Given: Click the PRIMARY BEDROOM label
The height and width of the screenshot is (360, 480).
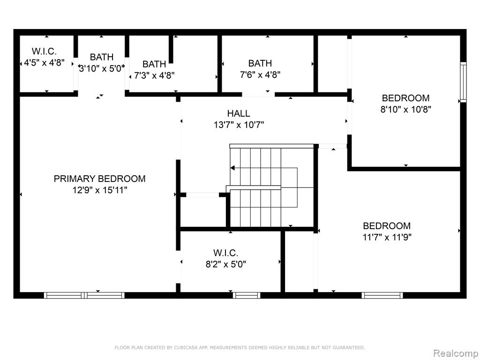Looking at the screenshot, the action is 99,179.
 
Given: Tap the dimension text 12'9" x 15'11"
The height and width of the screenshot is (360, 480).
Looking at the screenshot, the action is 99,190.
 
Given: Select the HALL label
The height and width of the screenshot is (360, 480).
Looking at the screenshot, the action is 239,113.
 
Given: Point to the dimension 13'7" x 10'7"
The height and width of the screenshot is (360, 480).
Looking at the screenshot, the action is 239,125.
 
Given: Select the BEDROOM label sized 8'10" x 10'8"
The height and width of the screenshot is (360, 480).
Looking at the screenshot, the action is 405,98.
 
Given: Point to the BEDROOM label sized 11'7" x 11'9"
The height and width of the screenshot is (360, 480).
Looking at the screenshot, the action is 387,225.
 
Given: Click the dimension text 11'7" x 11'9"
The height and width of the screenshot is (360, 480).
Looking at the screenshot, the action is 387,237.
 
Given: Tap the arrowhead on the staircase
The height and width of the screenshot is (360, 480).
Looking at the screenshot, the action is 232,168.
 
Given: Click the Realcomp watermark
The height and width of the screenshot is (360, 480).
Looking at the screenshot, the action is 456,353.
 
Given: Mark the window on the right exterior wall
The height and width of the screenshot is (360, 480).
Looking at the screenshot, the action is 464,82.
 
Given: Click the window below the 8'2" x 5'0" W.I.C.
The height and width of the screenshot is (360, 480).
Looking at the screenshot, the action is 247,295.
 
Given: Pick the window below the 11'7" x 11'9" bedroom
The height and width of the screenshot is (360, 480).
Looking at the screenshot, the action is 382,295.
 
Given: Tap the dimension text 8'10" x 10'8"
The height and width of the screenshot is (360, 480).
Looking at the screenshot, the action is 405,109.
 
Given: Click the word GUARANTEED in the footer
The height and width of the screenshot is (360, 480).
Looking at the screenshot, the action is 349,347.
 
